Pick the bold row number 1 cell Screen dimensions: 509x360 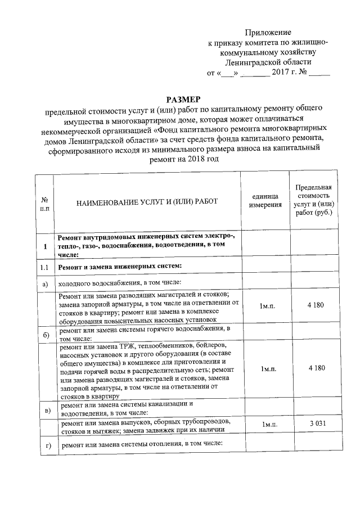point(44,246)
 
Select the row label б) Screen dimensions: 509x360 point(44,336)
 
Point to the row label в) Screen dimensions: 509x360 point(44,409)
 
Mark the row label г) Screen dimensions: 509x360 point(44,446)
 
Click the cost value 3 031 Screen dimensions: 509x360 point(313,424)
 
